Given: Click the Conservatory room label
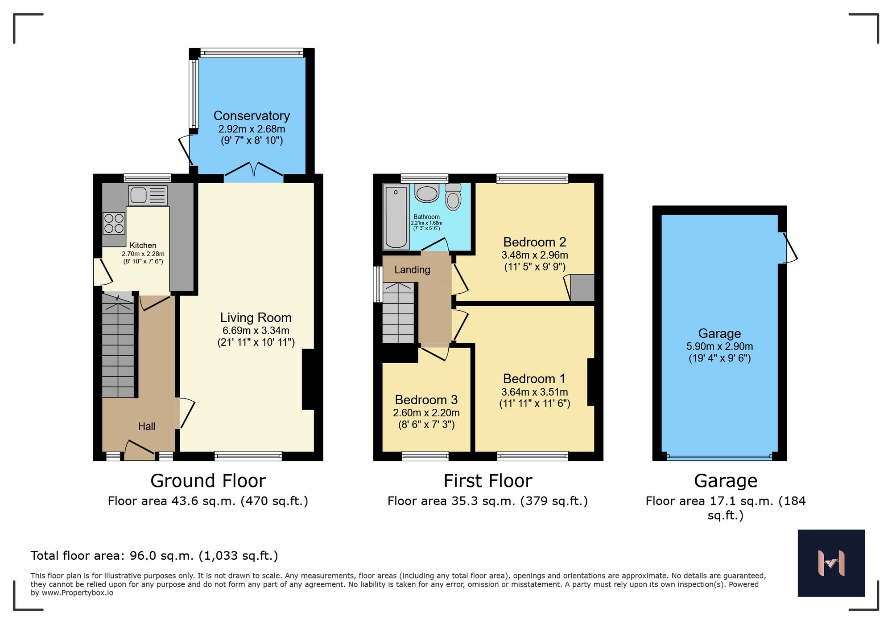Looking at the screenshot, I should tap(252, 116).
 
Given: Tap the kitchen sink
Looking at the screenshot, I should tap(148, 195).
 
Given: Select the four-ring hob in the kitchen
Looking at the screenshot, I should tap(114, 223).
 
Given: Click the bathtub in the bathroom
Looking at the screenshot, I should tap(396, 217).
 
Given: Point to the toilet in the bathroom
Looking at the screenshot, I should tap(453, 197).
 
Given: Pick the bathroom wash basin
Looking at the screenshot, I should tap(427, 193).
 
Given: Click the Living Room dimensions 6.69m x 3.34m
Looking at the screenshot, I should tap(256, 331).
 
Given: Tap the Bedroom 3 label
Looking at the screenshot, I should tap(426, 400).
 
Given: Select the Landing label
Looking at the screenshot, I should tap(412, 270).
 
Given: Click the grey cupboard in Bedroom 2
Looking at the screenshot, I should tap(582, 288).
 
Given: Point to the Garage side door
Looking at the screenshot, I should tap(787, 248).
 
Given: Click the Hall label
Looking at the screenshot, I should tap(146, 427).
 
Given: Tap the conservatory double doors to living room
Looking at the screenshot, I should tap(253, 171).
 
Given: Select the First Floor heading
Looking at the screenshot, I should tap(487, 481).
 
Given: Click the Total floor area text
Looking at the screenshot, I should tap(154, 556).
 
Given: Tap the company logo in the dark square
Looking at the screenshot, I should tap(831, 563).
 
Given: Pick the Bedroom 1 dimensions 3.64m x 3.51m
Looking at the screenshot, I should tap(534, 392).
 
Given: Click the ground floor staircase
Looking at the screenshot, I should tap(118, 348).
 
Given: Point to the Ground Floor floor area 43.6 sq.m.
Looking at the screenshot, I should tap(208, 501).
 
